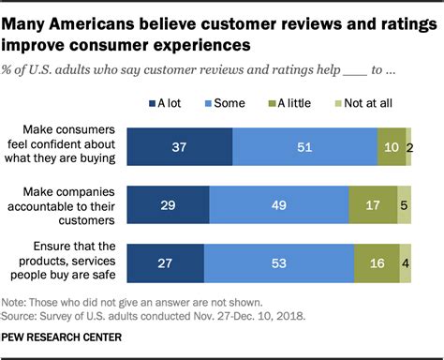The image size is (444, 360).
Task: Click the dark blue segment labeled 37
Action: pos(179,147)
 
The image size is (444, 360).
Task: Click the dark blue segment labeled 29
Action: pos(168,205)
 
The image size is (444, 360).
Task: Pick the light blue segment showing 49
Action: pos(278,205)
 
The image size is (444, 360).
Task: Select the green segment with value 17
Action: pos(372,205)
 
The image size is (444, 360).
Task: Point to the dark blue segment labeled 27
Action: pos(165,263)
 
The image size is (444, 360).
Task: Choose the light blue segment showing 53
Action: pos(278,263)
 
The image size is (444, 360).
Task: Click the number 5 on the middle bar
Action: pos(404,205)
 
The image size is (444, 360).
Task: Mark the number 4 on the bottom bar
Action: pos(406,263)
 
